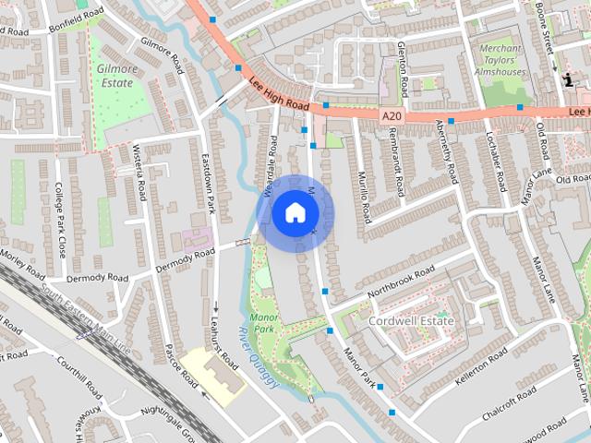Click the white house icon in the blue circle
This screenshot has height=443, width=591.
click(x=294, y=213)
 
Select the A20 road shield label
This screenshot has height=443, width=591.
click(x=392, y=115)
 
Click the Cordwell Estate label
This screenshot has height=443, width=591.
click(x=412, y=320)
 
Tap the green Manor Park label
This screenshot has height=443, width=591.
click(x=264, y=322)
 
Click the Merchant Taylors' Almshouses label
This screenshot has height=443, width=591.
click(x=500, y=60)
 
